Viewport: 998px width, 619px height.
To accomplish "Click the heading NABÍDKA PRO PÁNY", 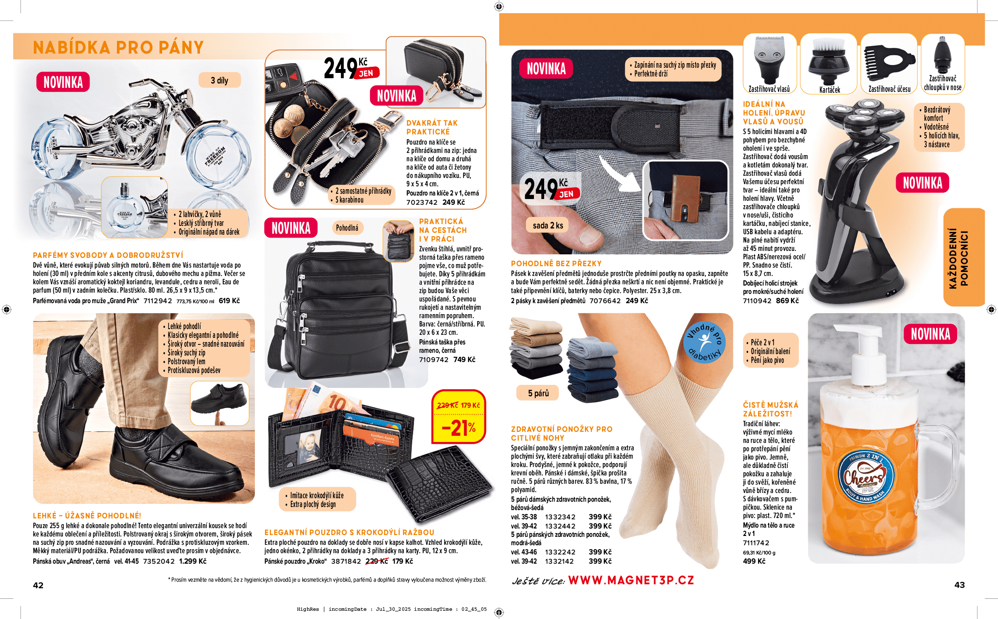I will click(118, 47).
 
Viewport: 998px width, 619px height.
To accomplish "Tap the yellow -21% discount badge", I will click(459, 428).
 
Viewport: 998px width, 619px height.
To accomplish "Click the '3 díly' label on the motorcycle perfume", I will click(219, 80).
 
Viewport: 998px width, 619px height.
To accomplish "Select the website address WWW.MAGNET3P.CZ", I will click(631, 580).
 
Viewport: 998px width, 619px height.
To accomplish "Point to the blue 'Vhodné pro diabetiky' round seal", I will click(704, 342).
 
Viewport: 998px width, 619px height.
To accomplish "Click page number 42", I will click(38, 585).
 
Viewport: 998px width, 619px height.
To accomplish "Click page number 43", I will click(959, 585).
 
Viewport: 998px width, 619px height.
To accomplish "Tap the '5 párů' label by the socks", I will click(538, 393).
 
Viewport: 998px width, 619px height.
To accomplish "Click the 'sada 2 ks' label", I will click(548, 225).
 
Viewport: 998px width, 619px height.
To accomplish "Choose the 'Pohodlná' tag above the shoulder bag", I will click(347, 228).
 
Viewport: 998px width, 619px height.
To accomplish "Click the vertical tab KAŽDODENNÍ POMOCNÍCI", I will click(964, 258).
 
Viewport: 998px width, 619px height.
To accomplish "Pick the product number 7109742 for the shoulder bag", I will click(434, 360).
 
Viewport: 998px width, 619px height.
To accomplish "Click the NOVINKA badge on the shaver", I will click(922, 183).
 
